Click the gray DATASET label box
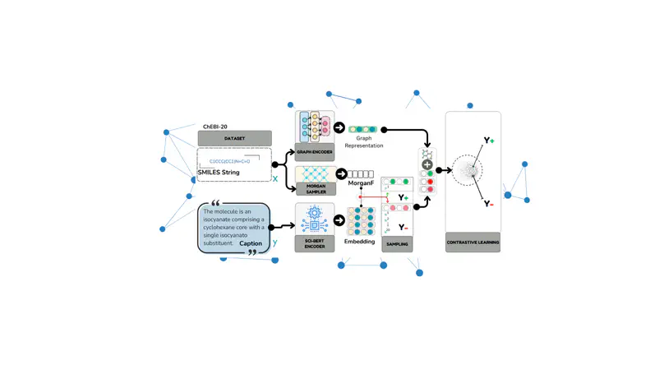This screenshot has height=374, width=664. click(x=234, y=139)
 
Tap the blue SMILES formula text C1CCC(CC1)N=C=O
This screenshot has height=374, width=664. click(x=229, y=161)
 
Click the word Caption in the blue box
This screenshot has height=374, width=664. click(x=251, y=244)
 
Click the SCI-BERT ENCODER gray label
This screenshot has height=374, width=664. click(x=315, y=244)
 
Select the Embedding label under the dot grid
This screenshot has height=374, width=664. click(x=359, y=242)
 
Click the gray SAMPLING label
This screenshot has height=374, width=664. click(x=398, y=244)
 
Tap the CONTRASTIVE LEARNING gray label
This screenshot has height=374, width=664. click(x=473, y=243)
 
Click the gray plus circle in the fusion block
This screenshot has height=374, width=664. click(x=427, y=164)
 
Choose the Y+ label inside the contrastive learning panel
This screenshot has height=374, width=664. click(x=488, y=141)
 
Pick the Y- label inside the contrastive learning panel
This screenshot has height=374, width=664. click(x=488, y=203)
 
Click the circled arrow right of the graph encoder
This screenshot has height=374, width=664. click(x=339, y=129)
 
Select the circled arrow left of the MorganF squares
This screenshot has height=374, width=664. click(x=340, y=174)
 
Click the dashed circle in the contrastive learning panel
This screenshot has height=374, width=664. click(x=467, y=170)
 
